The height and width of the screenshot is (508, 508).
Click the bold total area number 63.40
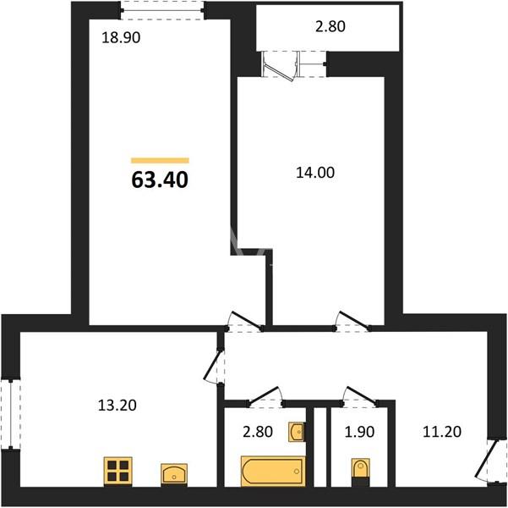(160, 179)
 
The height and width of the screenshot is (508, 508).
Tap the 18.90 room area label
(121, 37)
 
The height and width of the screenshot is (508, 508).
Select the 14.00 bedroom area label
(315, 173)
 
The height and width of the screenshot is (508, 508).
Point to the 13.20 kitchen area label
(117, 406)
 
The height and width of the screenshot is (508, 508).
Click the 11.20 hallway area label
(442, 432)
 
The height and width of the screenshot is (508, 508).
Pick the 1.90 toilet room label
(359, 432)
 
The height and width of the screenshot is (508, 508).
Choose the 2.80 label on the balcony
(330, 26)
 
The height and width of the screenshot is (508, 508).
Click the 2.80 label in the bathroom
(258, 432)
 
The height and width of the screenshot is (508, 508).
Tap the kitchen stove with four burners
(118, 472)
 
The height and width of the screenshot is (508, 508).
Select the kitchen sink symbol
(174, 475)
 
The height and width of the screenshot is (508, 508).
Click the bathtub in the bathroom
(273, 471)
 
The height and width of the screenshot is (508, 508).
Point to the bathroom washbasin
(296, 432)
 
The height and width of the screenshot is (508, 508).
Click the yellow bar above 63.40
(160, 160)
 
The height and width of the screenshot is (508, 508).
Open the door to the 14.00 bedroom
(352, 322)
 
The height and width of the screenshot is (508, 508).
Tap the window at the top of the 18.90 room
(162, 10)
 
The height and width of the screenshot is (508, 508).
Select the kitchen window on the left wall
(10, 414)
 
